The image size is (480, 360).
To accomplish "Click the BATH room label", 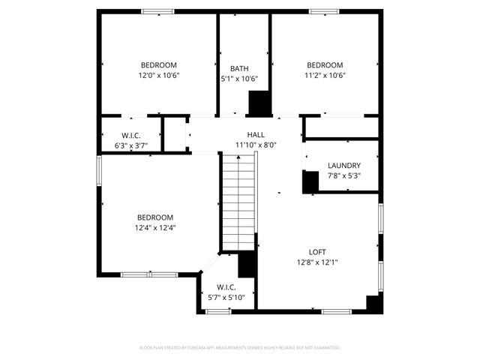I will tap(239, 68).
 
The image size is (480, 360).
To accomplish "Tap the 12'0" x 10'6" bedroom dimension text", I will tap(158, 76).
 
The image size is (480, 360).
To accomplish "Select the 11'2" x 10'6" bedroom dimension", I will tap(325, 76).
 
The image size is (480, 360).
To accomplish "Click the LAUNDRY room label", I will tap(344, 166).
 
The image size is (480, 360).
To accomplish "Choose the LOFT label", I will tap(317, 252).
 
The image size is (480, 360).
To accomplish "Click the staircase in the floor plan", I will tap(238, 200).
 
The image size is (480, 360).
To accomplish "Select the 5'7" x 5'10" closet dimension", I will tap(226, 298).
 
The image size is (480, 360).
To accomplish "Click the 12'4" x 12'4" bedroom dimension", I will tap(154, 228).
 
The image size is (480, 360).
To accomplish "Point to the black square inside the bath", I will tap(259, 103).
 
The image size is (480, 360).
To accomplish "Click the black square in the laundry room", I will tap(310, 181).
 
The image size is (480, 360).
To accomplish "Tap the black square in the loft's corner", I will tap(373, 303).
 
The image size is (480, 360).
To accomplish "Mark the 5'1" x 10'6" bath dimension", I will tap(239, 79).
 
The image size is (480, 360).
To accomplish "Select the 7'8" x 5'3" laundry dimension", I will tap(344, 176).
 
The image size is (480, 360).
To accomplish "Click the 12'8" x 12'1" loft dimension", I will tap(317, 262).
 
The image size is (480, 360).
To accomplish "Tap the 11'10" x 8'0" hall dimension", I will tap(256, 145).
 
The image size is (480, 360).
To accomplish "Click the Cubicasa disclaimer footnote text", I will tap(240, 348).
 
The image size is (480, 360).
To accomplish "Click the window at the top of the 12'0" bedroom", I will tap(158, 11).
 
